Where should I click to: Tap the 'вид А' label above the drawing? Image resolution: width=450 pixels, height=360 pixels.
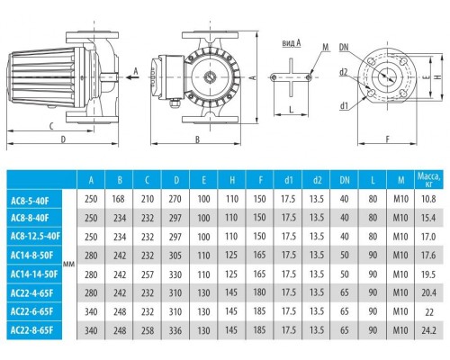click(x=290, y=41)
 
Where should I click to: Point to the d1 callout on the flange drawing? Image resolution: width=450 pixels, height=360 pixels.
click(x=346, y=106)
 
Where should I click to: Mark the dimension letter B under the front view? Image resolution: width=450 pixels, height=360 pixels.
click(x=196, y=139)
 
